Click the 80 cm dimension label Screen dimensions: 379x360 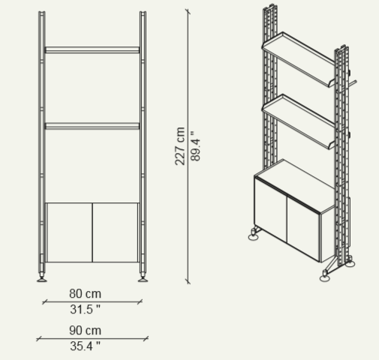pos(86,294)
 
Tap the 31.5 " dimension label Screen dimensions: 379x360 pos(86,310)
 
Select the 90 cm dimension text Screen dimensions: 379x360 pos(86,331)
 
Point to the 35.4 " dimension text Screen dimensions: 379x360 pos(86,346)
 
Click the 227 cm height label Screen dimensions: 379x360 pos(180,146)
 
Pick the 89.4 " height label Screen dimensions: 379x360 pos(195,146)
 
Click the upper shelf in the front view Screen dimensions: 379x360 pos(92,49)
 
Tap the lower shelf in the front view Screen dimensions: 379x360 pos(92,126)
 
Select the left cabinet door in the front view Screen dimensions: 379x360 pos(69,232)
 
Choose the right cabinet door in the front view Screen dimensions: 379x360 pos(116,232)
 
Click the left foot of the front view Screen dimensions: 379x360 pos(42,278)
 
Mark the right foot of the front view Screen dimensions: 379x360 pos(143,278)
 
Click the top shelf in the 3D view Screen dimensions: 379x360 pos(298,58)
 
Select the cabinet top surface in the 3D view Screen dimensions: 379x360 pos(295,185)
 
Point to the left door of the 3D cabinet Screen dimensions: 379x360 pos(271,208)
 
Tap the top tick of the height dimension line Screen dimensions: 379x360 pos(188,11)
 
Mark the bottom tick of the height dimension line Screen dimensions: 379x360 pos(188,281)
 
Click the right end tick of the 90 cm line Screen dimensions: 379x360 pos(146,339)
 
